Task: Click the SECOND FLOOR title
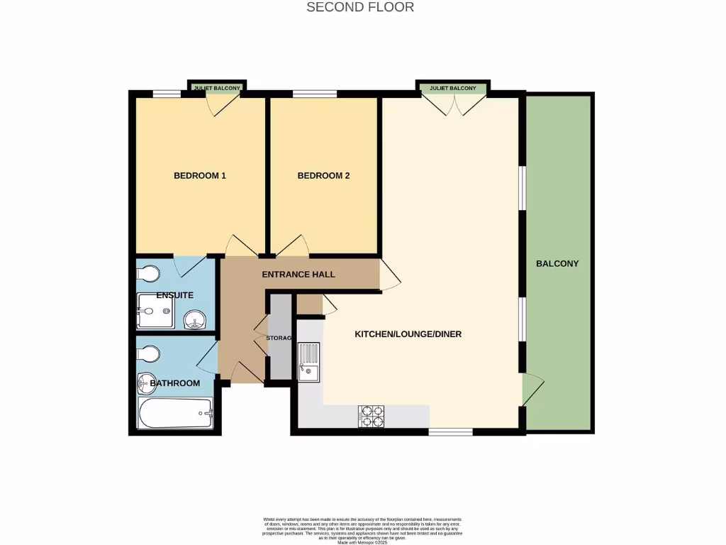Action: coord(360,7)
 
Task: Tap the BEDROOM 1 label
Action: coord(199,176)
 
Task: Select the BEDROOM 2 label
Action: coord(323,176)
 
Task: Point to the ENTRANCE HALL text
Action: coord(298,275)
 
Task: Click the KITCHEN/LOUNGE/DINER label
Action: coord(408,334)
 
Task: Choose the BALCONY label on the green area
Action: coord(557,263)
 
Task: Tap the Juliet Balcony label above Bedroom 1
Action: coord(217,89)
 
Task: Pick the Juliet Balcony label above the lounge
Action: coord(453,89)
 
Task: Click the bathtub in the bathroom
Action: coord(175,414)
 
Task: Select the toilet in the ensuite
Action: coord(149,274)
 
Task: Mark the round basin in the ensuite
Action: coord(194,321)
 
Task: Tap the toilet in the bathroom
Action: coord(149,353)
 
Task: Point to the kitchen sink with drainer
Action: coord(308,361)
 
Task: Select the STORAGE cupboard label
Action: coord(279,338)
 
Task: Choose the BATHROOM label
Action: coord(174,383)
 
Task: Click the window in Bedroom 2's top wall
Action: coord(315,94)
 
